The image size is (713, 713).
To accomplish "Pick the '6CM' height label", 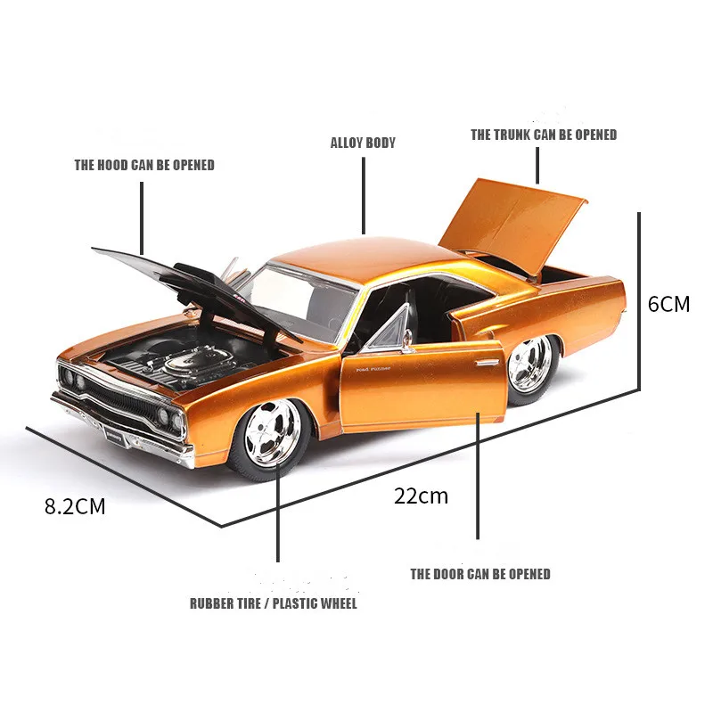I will click(668, 304).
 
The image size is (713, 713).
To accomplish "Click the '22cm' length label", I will click(421, 496).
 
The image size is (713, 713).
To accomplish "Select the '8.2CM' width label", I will click(75, 507).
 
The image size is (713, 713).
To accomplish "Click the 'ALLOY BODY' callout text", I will click(363, 143).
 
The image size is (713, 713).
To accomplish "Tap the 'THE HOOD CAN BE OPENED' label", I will click(144, 165).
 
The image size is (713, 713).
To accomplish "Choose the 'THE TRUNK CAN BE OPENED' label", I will click(544, 135).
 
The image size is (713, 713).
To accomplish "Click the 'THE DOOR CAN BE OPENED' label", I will click(480, 574).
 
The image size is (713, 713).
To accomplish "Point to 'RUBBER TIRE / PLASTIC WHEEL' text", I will click(273, 603).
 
